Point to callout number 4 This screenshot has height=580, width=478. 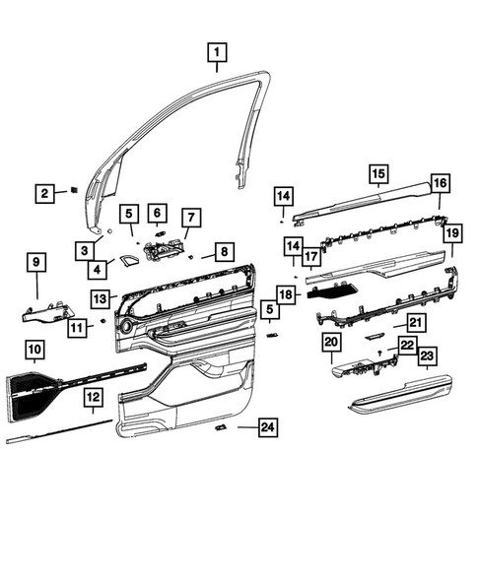pyautogui.click(x=98, y=268)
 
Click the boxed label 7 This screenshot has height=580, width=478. pyautogui.click(x=190, y=218)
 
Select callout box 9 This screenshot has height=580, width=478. pyautogui.click(x=35, y=262)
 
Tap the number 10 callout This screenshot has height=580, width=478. pyautogui.click(x=33, y=348)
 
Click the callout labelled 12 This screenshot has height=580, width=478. pyautogui.click(x=91, y=397)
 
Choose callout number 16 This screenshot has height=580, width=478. pyautogui.click(x=440, y=183)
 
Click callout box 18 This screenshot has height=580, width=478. pyautogui.click(x=286, y=293)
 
